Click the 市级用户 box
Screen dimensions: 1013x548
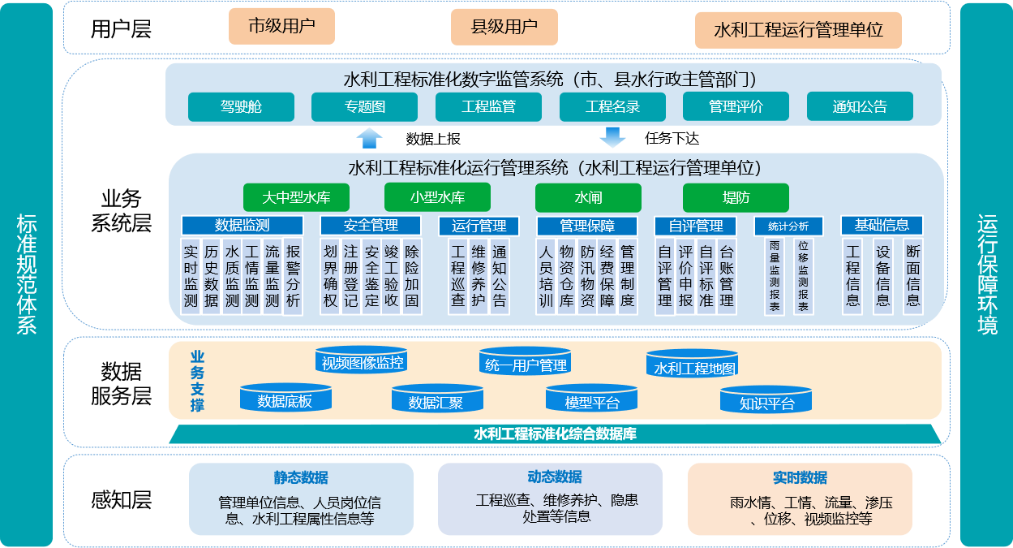coord(281,26)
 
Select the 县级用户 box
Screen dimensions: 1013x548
coord(504,27)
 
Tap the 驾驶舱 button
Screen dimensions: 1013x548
coord(241,107)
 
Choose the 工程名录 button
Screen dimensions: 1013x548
coord(612,107)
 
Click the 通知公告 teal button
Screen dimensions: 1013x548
coord(860,106)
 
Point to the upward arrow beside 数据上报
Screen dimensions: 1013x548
coord(370,138)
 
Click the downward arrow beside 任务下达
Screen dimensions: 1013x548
coord(613,137)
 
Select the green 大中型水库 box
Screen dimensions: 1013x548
coord(296,197)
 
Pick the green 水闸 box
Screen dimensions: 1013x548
coord(588,197)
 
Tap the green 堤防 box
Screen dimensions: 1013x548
coord(736,197)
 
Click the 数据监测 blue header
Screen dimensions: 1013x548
coord(242,226)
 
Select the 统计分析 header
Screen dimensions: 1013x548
coord(788,227)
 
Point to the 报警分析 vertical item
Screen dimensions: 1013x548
coord(293,277)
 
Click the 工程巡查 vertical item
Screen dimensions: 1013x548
coord(457,277)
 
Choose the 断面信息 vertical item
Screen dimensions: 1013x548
coord(913,277)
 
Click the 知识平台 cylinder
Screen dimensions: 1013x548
coord(766,399)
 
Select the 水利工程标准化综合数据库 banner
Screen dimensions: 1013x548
coord(555,434)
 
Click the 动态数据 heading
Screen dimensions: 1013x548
coord(555,477)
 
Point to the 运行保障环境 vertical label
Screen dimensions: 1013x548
coord(987,274)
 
